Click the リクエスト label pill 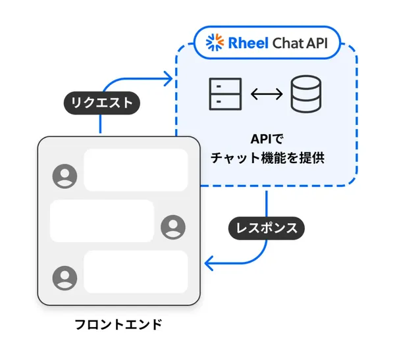101,103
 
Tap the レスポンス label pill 267,228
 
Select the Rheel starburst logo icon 215,42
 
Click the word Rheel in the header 246,42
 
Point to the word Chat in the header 288,42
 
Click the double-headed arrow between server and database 265,94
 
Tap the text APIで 266,140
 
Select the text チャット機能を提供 266,159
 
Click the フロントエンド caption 118,324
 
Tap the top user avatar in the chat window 65,176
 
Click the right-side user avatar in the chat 173,227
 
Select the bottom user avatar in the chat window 65,277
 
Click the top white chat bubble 136,170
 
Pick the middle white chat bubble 102,220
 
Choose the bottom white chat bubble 136,271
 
